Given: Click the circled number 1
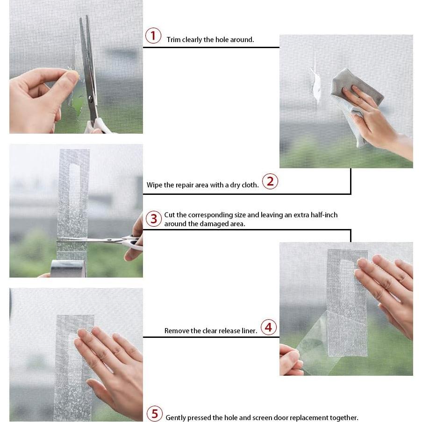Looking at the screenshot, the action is click(153, 36).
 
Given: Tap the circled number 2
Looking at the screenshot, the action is click(270, 181).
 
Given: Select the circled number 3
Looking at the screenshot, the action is click(154, 219).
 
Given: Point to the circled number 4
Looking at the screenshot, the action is click(269, 327).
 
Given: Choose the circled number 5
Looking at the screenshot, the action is click(155, 414).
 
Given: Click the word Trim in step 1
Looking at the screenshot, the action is click(173, 40).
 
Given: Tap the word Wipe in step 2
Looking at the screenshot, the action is click(154, 185).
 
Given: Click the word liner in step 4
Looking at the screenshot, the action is click(250, 331).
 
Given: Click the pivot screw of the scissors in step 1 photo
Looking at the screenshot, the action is click(91, 99).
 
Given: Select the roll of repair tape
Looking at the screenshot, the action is click(69, 268).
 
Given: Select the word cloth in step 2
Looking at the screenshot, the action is click(250, 185).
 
